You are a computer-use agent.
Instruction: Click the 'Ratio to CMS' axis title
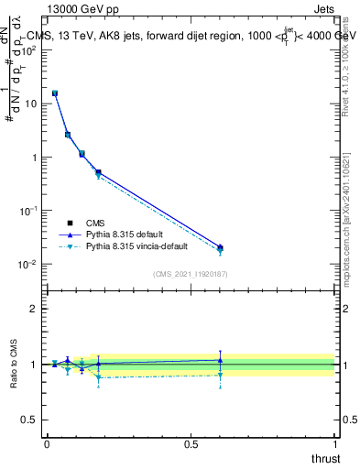pyautogui.click(x=14, y=364)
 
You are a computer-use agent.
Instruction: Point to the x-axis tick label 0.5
pyautogui.click(x=191, y=444)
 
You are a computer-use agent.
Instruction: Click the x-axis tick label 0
pyautogui.click(x=47, y=444)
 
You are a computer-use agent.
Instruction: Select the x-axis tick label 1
pyautogui.click(x=334, y=444)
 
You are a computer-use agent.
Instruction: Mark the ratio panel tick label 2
pyautogui.click(x=34, y=310)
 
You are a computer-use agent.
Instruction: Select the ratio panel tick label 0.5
pyautogui.click(x=29, y=420)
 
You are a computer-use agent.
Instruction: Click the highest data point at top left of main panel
pyautogui.click(x=55, y=93)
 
